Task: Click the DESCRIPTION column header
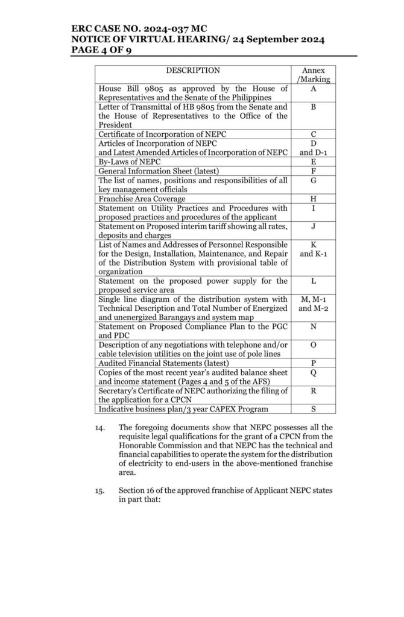tap(193, 70)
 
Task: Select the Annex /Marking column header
tap(314, 75)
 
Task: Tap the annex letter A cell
tap(314, 89)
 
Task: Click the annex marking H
tap(314, 199)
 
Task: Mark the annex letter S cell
tap(314, 410)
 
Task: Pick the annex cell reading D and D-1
tap(314, 148)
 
